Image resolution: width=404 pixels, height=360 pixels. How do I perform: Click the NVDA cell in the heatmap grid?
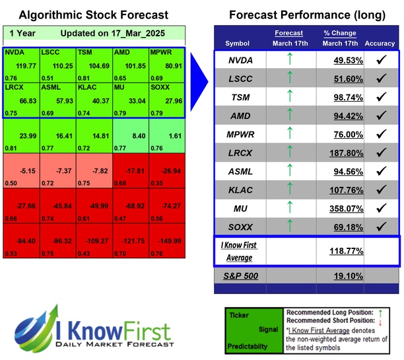[x=21, y=65]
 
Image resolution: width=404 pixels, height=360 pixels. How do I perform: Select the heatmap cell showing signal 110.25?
[x=57, y=65]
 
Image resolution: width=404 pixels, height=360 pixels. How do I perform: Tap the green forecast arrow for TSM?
[x=289, y=97]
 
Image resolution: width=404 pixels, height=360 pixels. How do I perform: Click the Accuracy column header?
[x=380, y=44]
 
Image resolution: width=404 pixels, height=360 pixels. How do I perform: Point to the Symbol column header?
[x=237, y=44]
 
